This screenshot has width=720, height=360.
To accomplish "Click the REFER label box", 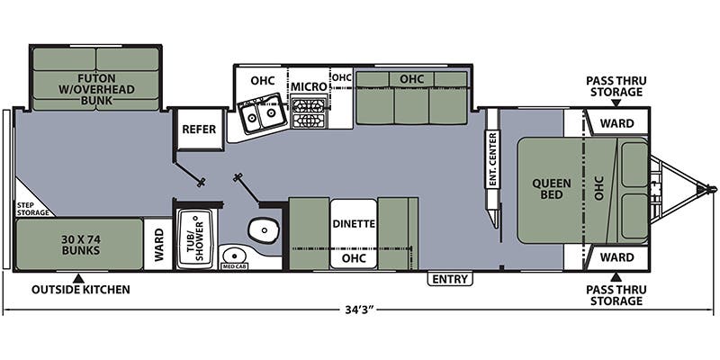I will pos(199,130).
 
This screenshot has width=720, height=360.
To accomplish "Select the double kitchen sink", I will pos(261,115).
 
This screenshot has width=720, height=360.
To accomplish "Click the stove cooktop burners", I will pos(309,115).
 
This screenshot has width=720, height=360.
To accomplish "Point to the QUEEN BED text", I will pos(551,190).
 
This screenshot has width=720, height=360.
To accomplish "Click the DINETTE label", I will pos(353,223).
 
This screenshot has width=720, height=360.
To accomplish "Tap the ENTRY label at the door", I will pos(450,279).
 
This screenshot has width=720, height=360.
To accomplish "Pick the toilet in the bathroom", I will pos(263,231).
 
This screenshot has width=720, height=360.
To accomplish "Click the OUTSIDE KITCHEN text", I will pos(81,290).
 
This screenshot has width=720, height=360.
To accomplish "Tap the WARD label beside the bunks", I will pos(158,244).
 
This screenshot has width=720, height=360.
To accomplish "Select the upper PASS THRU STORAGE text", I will pos(616,86).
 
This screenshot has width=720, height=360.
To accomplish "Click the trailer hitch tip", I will pos(712,189).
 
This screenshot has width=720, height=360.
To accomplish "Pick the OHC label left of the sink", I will pos(262,80).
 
